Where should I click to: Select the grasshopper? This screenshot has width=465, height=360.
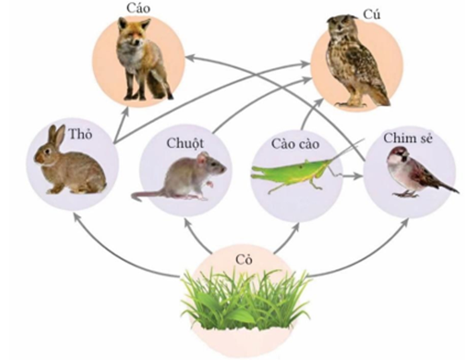coord(290,172)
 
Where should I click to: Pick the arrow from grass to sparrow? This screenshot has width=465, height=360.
coord(382,255)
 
